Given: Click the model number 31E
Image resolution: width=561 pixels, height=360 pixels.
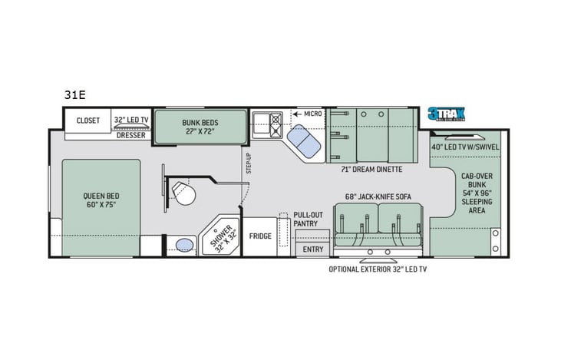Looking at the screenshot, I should tap(75, 96).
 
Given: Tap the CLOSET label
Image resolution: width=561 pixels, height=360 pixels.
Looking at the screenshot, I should tap(88, 120).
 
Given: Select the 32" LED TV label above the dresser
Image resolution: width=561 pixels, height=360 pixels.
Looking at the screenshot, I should tap(130, 120).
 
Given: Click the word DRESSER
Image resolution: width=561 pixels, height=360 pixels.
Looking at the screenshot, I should tap(131, 135).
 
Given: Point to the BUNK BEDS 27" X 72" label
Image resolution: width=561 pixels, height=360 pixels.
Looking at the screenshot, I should tap(200, 126).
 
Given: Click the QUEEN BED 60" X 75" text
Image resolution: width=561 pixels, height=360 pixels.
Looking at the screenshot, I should tap(102, 200).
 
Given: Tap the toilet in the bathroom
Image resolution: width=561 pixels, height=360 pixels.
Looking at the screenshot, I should tap(183, 190).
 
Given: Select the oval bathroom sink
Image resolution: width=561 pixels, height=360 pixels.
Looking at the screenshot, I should tap(184, 245).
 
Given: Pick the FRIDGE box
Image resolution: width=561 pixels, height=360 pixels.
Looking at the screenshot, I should tap(259, 236).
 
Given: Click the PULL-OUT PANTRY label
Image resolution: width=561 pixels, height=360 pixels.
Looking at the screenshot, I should tap(309, 220).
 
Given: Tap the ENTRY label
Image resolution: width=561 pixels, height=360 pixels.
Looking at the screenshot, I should tap(313, 249).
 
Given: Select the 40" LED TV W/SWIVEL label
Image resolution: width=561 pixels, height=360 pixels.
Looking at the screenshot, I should tap(465, 147).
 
